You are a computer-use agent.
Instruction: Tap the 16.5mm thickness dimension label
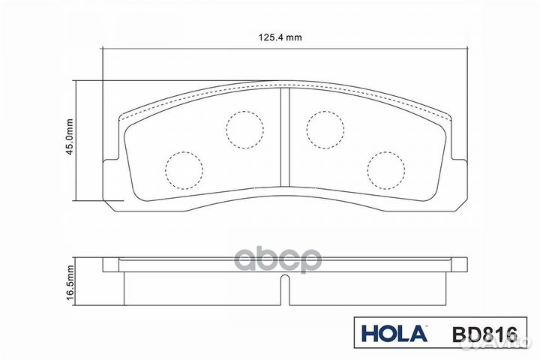[x=68, y=283]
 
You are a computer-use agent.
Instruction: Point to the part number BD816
[x=474, y=334]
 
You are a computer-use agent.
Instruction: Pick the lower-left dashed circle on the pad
[x=184, y=170]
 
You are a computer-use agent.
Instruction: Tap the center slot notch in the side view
[x=284, y=289]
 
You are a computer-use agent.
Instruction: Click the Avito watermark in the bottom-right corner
[x=487, y=340]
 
